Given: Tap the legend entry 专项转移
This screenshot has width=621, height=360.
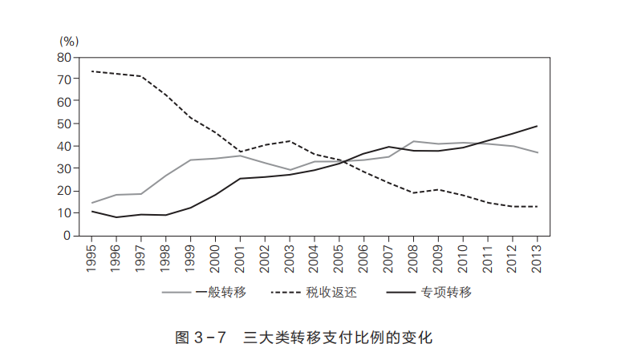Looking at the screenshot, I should (446, 291).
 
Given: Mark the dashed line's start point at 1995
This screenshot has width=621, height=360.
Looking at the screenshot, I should (92, 71).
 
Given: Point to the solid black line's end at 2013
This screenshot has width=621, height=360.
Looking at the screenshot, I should (537, 126).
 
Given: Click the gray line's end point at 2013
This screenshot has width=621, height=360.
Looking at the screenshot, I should (537, 153).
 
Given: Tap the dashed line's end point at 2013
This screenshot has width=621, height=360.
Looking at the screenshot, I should (537, 207).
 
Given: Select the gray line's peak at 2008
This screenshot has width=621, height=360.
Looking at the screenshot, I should (413, 141).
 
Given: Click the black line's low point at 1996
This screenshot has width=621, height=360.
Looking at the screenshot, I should (117, 217).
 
